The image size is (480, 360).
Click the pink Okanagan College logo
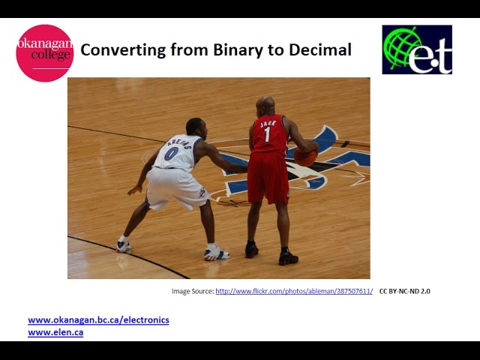[x=45, y=52]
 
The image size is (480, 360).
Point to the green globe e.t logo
[x=417, y=49]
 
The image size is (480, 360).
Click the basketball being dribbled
[x=305, y=156]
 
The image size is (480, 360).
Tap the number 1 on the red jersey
[x=267, y=135]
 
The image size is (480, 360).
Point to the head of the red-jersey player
[x=265, y=106]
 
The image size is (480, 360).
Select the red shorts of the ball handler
[x=268, y=178]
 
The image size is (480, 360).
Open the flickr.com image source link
[x=294, y=291]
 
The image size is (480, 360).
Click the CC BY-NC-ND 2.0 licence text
[x=405, y=291]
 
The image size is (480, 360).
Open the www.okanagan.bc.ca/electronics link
[x=98, y=320]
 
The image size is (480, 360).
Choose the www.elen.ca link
[x=55, y=332]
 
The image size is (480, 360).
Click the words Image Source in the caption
[x=192, y=291]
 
